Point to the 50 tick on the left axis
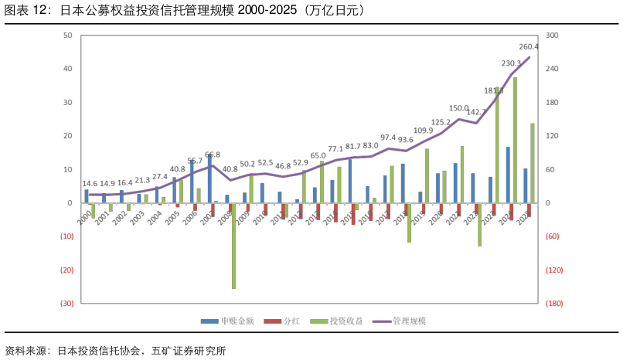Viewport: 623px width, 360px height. click(67, 36)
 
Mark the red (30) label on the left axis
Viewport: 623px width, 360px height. click(66, 304)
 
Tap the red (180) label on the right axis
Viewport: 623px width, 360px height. click(553, 304)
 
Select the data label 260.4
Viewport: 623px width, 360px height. click(529, 47)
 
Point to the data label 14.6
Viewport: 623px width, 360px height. click(91, 184)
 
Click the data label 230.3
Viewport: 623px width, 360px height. click(511, 63)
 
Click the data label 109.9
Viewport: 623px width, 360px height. click(424, 131)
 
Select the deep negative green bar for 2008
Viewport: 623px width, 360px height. click(233, 246)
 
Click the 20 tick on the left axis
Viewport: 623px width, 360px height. click(67, 136)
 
